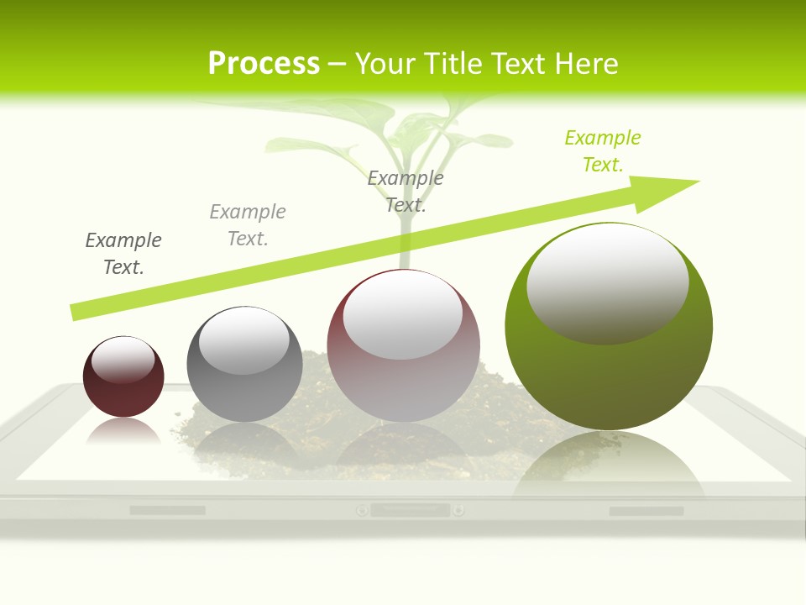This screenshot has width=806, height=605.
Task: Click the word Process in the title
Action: click(x=264, y=64)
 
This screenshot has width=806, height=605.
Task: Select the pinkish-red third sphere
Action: click(x=403, y=378)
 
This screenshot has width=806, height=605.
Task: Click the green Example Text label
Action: click(x=603, y=151)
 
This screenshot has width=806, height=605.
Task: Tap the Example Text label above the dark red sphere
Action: click(x=123, y=253)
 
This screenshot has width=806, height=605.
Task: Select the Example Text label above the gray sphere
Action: click(x=248, y=224)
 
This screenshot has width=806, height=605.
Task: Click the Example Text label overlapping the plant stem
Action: click(x=406, y=191)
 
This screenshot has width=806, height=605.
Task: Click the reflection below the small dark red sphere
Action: click(x=123, y=432)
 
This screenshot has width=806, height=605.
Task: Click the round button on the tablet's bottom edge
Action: click(x=362, y=510)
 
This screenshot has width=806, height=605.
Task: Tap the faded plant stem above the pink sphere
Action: click(x=406, y=244)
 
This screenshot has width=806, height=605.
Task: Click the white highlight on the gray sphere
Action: click(x=243, y=340)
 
